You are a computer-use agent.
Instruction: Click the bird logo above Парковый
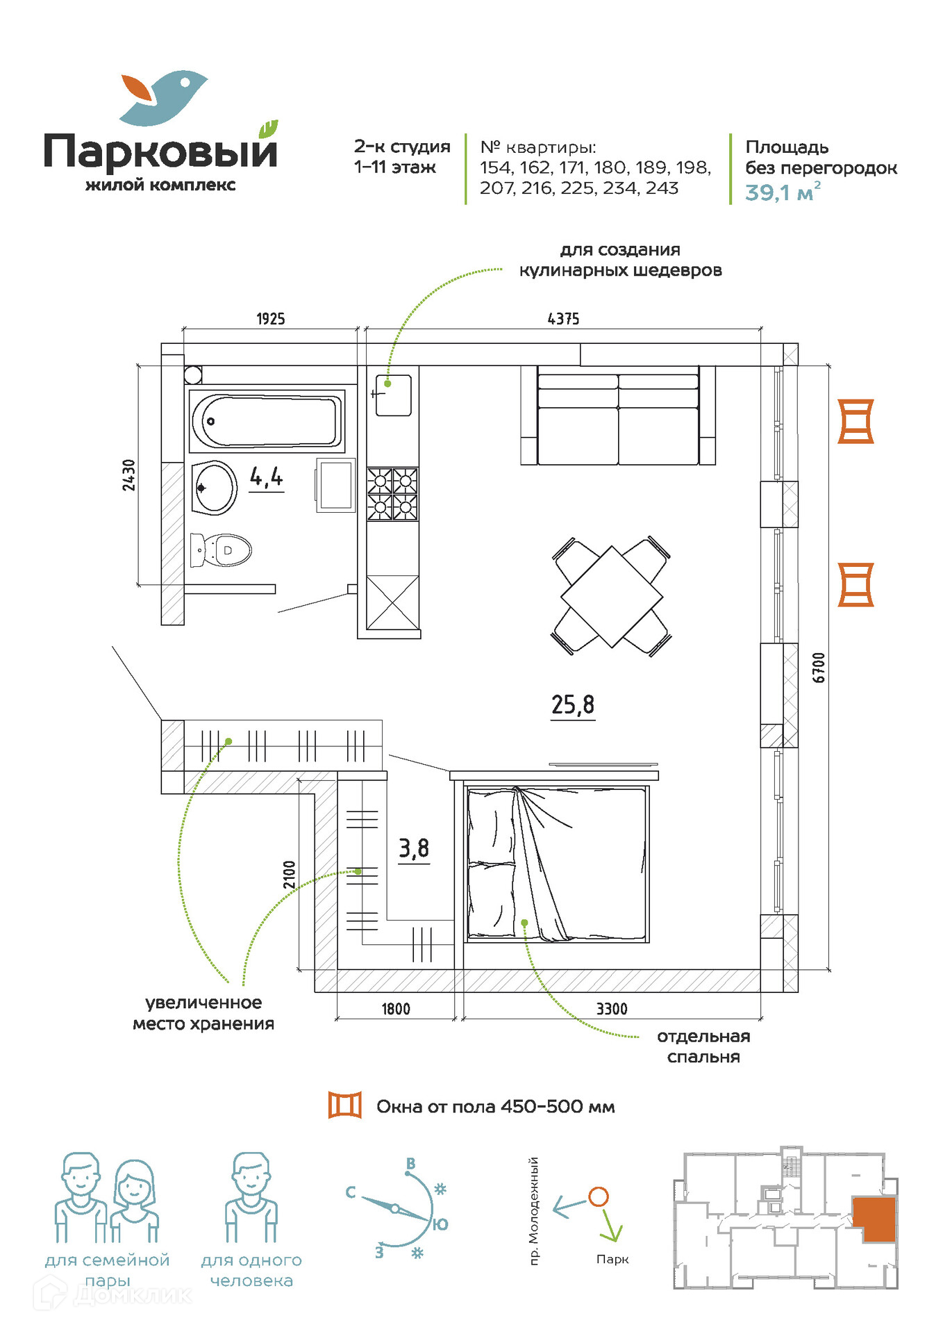(164, 97)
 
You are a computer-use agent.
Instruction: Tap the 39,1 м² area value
(782, 192)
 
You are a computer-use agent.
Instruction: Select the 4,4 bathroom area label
(267, 477)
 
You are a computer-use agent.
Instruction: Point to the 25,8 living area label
(573, 705)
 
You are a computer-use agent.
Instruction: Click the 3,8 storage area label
(414, 848)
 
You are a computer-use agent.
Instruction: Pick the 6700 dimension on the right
(819, 667)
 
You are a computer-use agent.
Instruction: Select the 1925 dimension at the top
(271, 319)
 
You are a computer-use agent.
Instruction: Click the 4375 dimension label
(563, 319)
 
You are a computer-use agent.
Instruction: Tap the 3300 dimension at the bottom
(612, 1009)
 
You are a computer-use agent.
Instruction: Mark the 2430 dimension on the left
(129, 475)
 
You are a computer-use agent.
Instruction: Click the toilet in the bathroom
(221, 550)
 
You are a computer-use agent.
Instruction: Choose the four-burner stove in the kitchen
(393, 494)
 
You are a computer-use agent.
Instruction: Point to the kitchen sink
(393, 395)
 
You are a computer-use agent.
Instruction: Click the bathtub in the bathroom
(267, 420)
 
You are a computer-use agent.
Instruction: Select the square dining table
(612, 596)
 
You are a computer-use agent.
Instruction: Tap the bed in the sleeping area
(558, 864)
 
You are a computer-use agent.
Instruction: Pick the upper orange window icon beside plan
(855, 421)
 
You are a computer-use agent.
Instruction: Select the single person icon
(251, 1198)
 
